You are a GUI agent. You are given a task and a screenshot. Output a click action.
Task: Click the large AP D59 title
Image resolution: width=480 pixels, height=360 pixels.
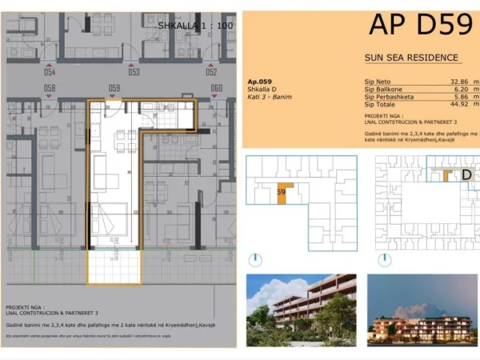[x=421, y=25]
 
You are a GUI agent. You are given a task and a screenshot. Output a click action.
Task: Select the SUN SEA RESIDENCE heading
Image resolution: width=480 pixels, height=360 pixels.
[x=411, y=58]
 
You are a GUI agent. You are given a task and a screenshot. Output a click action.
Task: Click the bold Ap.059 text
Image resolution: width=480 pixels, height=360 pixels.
[x=259, y=81]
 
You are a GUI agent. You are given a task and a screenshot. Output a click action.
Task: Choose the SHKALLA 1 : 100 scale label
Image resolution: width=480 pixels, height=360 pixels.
[x=195, y=26]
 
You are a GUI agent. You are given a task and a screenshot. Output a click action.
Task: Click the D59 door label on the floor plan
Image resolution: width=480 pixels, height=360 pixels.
[x=114, y=88]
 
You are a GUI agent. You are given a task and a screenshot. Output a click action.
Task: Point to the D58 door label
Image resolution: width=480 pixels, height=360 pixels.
[x=50, y=88]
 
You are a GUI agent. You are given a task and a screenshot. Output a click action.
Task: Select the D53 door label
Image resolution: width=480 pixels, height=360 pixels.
[x=134, y=72]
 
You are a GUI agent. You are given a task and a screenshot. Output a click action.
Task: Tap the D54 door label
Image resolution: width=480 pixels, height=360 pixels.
[x=50, y=72]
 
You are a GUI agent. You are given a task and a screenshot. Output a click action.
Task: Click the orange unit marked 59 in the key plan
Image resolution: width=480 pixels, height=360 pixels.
[x=282, y=194]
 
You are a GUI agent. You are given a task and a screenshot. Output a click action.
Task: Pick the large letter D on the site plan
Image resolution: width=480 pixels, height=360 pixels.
[x=467, y=174]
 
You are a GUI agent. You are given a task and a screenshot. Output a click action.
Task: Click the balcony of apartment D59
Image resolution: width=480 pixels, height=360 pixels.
[x=114, y=265]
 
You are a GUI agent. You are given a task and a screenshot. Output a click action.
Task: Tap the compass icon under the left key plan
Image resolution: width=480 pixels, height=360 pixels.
[x=254, y=259]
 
